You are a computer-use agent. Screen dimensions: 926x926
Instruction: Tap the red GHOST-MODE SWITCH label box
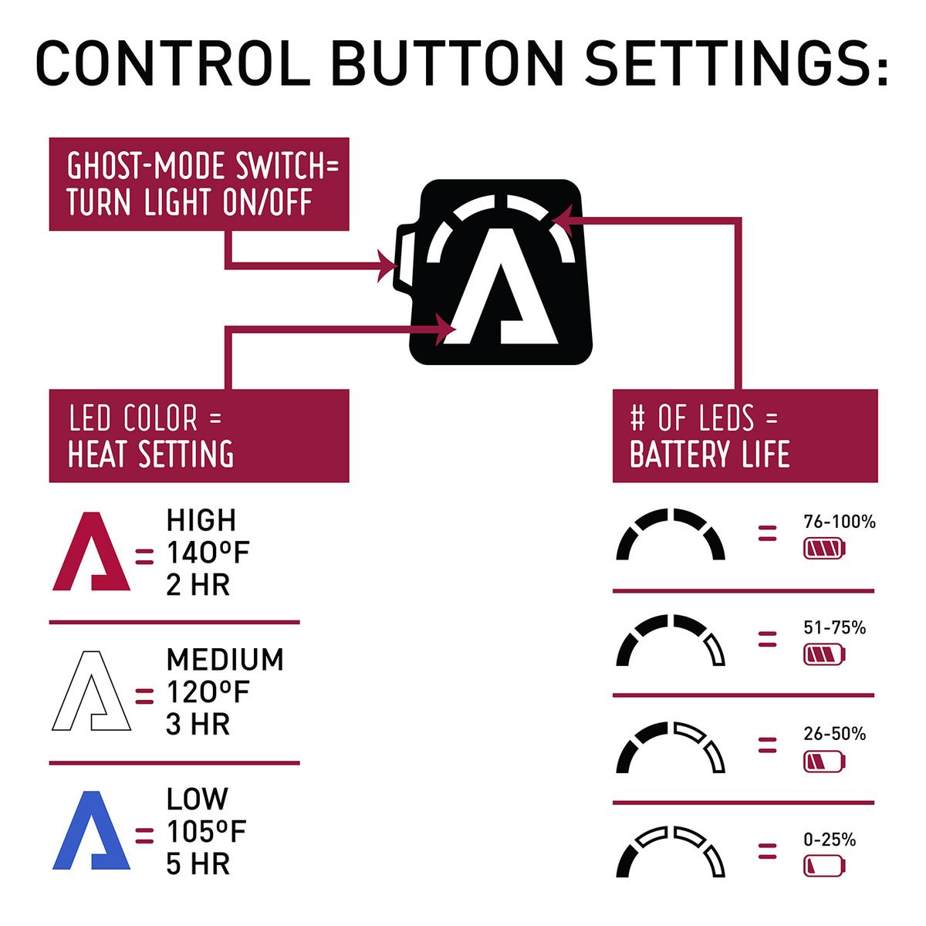tap(199, 184)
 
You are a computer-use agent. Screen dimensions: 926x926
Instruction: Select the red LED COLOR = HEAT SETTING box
tap(199, 436)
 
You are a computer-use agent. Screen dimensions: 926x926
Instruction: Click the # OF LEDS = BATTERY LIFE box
tap(745, 436)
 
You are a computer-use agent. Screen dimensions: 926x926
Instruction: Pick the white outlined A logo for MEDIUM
tap(91, 691)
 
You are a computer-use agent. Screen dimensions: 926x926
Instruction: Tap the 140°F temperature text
tap(208, 553)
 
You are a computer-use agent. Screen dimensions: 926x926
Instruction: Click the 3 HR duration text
tap(198, 725)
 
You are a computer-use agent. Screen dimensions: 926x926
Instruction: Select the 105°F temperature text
tap(206, 832)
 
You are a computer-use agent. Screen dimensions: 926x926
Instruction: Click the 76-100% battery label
tap(840, 522)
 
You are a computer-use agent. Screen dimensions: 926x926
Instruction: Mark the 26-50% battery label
tap(834, 733)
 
